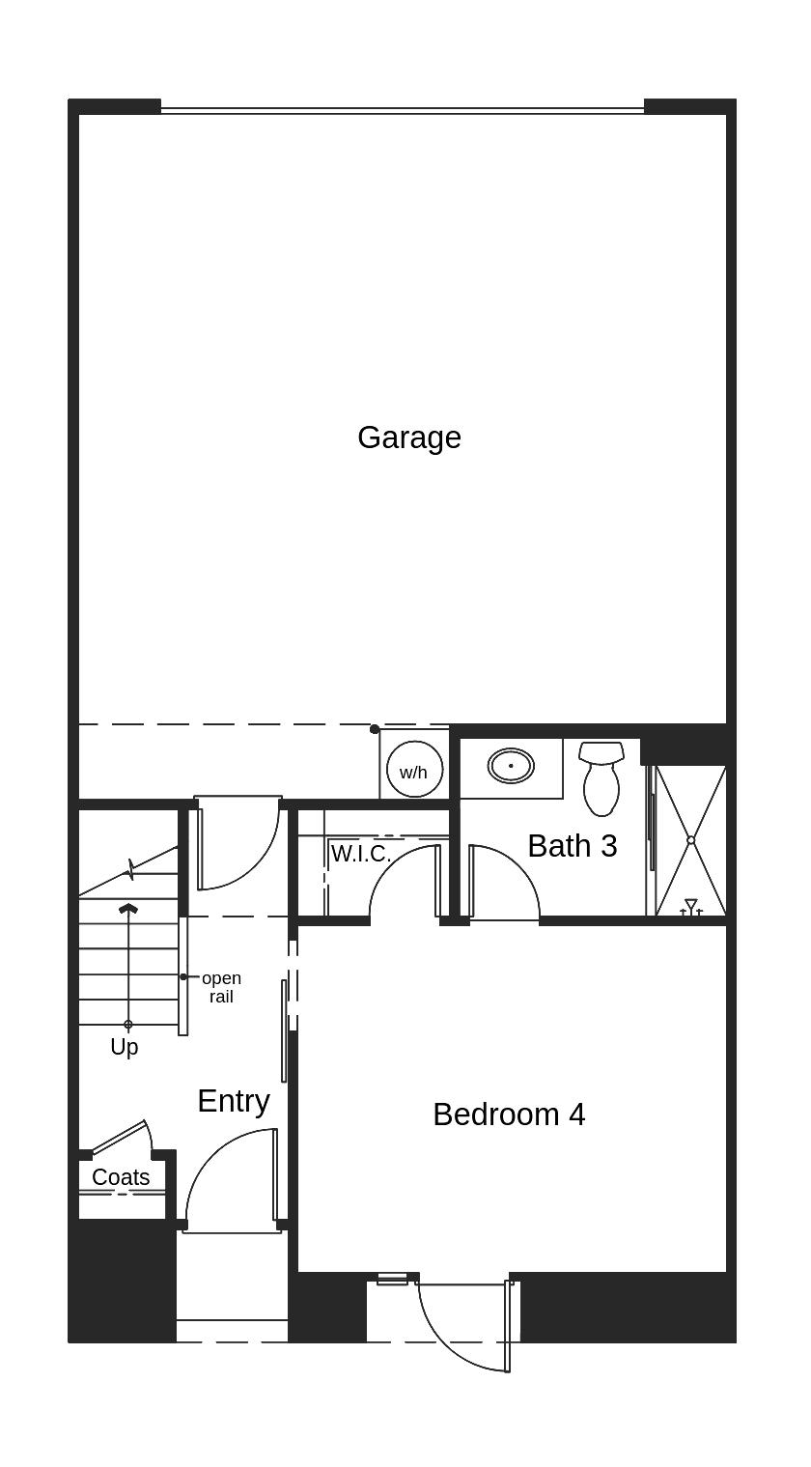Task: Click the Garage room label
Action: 409,437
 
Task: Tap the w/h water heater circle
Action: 414,771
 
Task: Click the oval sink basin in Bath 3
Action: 511,766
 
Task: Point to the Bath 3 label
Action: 572,846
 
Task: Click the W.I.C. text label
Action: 360,854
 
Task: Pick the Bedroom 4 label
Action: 509,1114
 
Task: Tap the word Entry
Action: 233,1101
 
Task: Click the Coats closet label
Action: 121,1177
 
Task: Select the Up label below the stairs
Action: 124,1047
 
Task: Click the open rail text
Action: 221,987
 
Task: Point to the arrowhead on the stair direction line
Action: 127,909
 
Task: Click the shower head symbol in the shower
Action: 690,906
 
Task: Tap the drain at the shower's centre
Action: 690,840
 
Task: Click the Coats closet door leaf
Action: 119,1137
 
